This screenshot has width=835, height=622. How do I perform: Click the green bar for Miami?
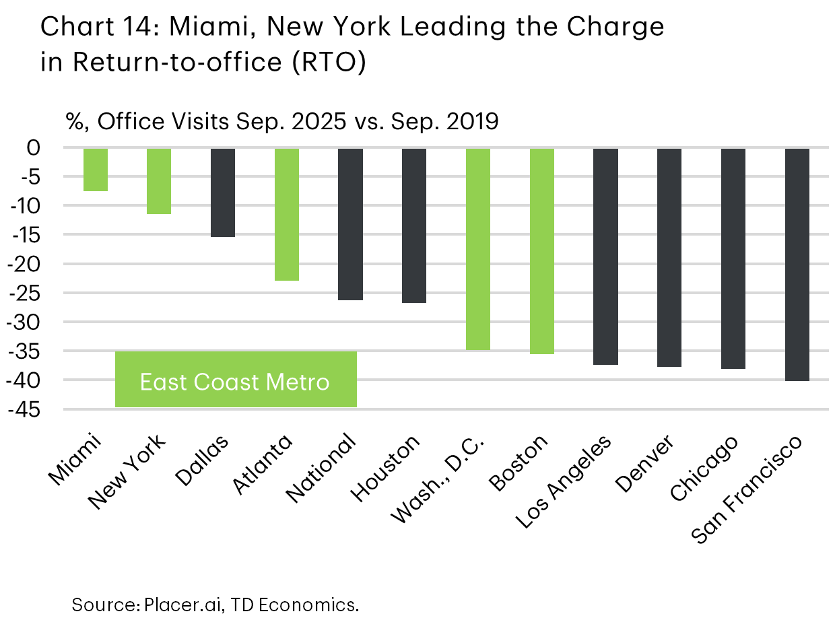pyautogui.click(x=96, y=170)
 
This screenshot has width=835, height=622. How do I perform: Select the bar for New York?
pyautogui.click(x=159, y=181)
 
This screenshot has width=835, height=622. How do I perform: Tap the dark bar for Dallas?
pyautogui.click(x=223, y=193)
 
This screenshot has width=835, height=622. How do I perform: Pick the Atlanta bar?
pyautogui.click(x=287, y=214)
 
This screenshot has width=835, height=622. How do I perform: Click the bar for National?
pyautogui.click(x=351, y=223)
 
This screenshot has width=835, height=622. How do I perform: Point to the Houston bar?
pyautogui.click(x=414, y=225)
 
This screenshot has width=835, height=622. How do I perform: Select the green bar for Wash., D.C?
pyautogui.click(x=478, y=249)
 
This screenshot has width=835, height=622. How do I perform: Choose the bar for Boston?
pyautogui.click(x=542, y=250)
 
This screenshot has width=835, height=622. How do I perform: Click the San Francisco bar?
pyautogui.click(x=797, y=264)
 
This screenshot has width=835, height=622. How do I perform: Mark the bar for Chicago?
pyautogui.click(x=733, y=258)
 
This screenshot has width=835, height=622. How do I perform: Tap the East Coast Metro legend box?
pyautogui.click(x=236, y=380)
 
